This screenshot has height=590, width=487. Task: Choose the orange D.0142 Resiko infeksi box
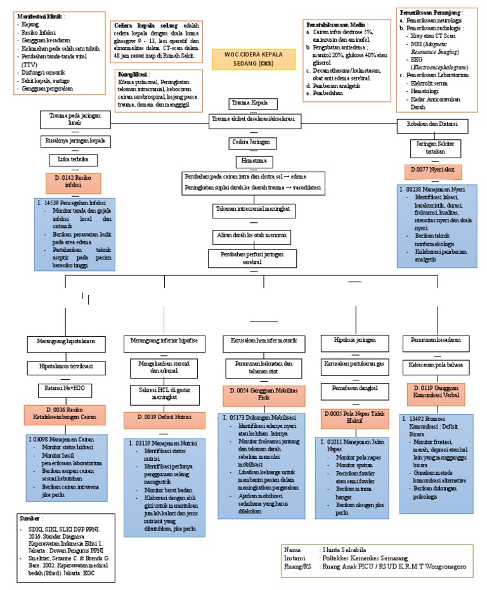(74, 182)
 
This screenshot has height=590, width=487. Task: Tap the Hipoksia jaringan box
(351, 341)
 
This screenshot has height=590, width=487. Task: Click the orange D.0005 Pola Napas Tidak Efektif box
(351, 418)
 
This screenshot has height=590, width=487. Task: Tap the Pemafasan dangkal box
(351, 387)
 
